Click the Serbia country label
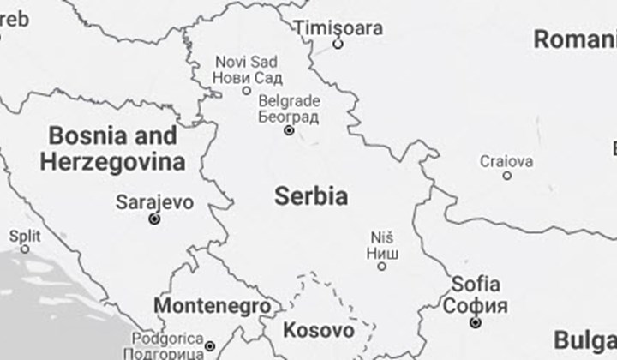311,196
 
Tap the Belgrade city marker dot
289,130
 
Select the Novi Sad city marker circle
247,91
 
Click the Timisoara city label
338,27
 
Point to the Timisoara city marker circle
338,44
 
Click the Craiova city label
506,160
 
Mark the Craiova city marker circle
507,176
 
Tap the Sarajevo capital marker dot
154,219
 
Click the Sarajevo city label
154,203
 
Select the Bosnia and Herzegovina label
112,148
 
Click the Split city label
24,236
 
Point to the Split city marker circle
25,249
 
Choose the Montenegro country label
212,306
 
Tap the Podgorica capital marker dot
210,346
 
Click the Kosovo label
319,330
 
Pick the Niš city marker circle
382,267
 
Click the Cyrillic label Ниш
382,253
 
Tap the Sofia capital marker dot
476,322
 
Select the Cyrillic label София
476,305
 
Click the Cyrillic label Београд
289,116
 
